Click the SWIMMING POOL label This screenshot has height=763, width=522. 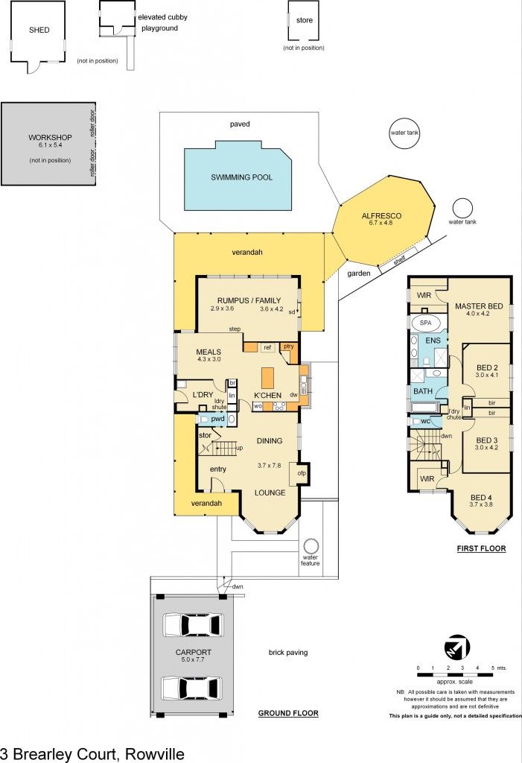(x=241, y=177)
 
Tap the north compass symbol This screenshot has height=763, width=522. (x=456, y=648)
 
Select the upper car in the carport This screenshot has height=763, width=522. (x=191, y=625)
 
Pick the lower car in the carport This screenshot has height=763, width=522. (x=191, y=688)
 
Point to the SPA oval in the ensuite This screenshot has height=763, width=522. (x=426, y=323)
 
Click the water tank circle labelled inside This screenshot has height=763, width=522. (x=404, y=133)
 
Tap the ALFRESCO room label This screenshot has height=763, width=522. (x=381, y=215)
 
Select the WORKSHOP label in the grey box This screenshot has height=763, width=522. (x=50, y=137)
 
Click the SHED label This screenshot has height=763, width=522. (x=39, y=30)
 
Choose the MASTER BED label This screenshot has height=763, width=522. (x=479, y=306)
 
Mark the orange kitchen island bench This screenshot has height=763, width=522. (x=268, y=378)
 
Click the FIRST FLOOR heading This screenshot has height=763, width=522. (x=481, y=548)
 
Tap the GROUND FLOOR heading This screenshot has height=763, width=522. (x=288, y=713)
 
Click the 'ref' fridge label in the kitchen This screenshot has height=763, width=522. (x=267, y=347)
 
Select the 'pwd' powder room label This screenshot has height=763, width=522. (x=217, y=419)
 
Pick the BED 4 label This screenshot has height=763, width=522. (x=480, y=497)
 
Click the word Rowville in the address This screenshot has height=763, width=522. (x=155, y=754)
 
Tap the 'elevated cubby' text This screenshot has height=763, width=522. (x=162, y=17)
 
